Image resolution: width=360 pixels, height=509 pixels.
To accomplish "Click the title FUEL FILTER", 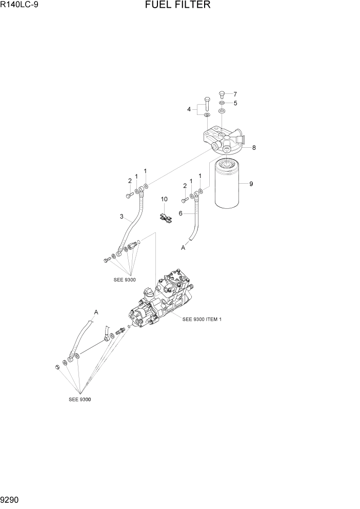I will coord(177,6).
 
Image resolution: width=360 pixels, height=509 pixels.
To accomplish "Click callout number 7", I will coord(235,94).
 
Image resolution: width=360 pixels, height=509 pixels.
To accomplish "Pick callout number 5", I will coord(235,103).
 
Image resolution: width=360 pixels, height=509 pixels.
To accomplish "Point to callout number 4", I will coord(189,109).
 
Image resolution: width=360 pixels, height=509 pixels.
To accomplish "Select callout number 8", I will coord(253,148).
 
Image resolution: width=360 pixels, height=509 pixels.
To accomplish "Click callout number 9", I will coord(251,184).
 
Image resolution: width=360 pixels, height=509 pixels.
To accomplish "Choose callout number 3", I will coord(122,217).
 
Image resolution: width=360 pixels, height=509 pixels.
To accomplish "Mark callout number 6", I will coord(181,213).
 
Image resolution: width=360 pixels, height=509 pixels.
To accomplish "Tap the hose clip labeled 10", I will coord(166,218).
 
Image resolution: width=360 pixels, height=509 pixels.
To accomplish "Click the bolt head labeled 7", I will coord(222,94).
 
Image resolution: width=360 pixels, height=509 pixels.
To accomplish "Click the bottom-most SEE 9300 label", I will coord(80,399).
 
